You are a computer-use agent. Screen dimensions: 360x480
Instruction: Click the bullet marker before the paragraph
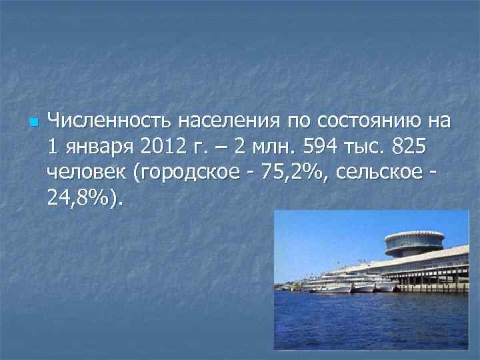click(x=34, y=123)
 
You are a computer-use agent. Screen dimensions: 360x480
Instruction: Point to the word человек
click(x=87, y=172)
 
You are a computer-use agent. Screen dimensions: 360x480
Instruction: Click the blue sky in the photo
click(x=320, y=233)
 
